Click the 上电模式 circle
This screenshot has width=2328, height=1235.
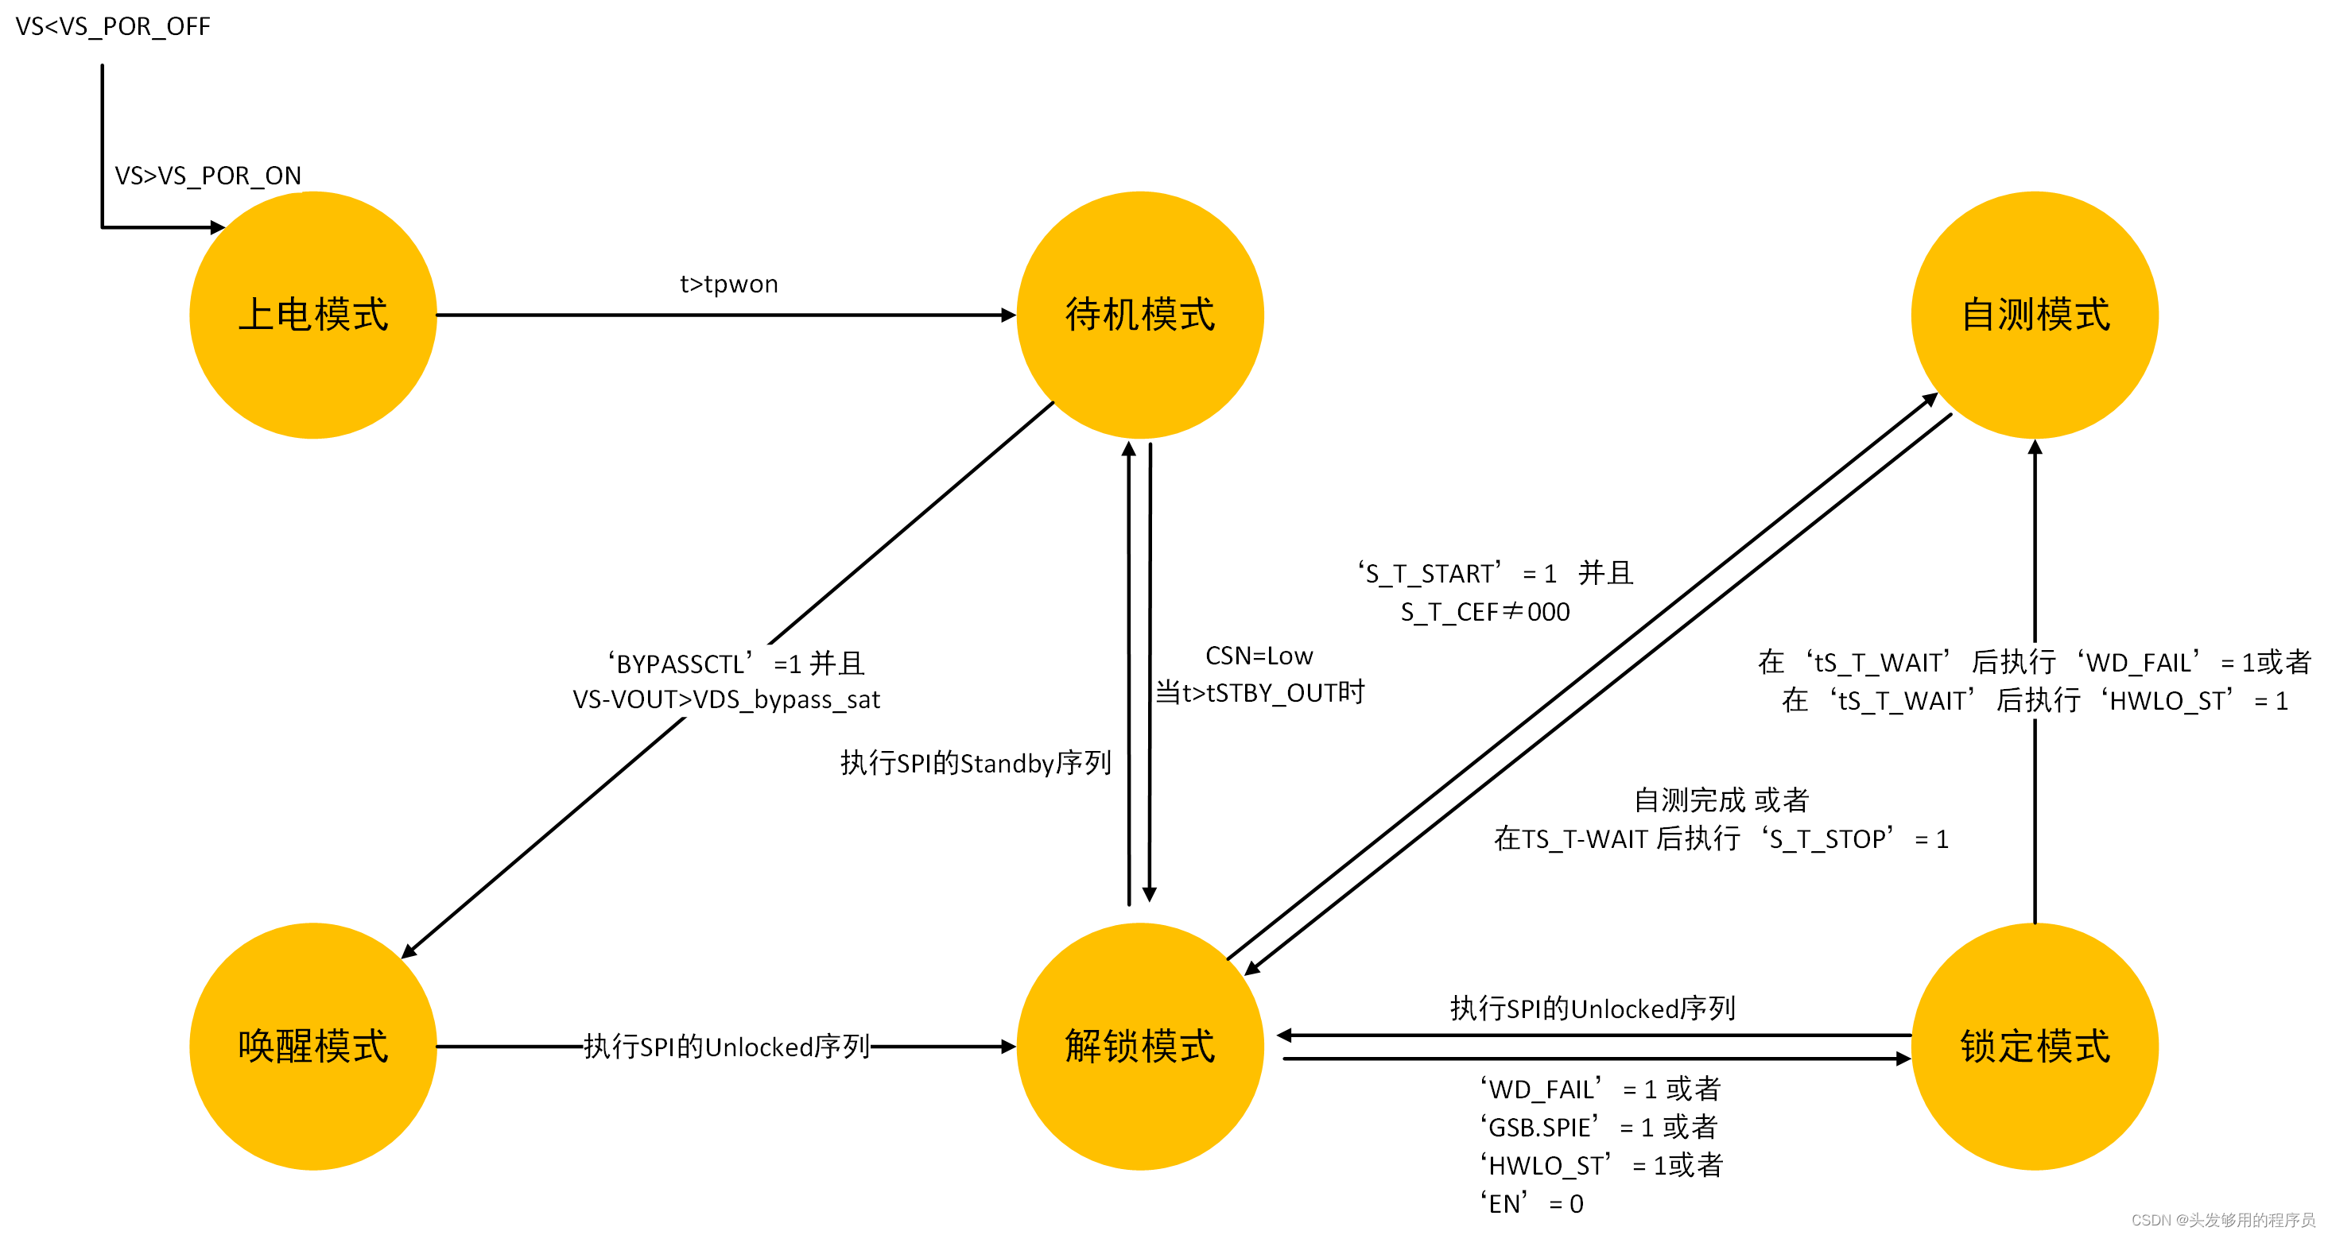pyautogui.click(x=312, y=316)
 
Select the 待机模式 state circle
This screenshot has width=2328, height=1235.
pyautogui.click(x=1139, y=316)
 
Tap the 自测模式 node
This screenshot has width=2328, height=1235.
pyautogui.click(x=2035, y=316)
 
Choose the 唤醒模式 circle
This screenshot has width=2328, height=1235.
pyautogui.click(x=312, y=1046)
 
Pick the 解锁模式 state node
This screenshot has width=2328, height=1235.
pyautogui.click(x=1139, y=1046)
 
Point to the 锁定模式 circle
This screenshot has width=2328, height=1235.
pyautogui.click(x=2035, y=1046)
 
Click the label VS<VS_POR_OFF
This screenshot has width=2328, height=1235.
pyautogui.click(x=113, y=26)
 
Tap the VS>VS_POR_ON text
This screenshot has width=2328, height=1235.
pyautogui.click(x=208, y=176)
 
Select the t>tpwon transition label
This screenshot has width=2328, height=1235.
pyautogui.click(x=728, y=284)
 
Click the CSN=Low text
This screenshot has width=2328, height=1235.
pyautogui.click(x=1258, y=655)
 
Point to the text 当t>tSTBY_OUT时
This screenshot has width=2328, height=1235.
pyautogui.click(x=1259, y=693)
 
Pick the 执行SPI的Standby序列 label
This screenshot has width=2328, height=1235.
pyautogui.click(x=975, y=764)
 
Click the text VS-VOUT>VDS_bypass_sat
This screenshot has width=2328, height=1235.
pyautogui.click(x=726, y=699)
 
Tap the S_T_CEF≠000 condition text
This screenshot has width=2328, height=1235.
pyautogui.click(x=1485, y=612)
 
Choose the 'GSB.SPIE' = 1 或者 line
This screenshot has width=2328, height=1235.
pyautogui.click(x=1598, y=1127)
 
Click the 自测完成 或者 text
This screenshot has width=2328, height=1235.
pyautogui.click(x=1721, y=799)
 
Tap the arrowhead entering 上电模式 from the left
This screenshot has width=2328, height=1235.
pyautogui.click(x=217, y=227)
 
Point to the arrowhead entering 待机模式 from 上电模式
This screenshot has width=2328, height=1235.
pyautogui.click(x=1008, y=316)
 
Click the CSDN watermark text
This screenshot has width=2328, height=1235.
pyautogui.click(x=2222, y=1220)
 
